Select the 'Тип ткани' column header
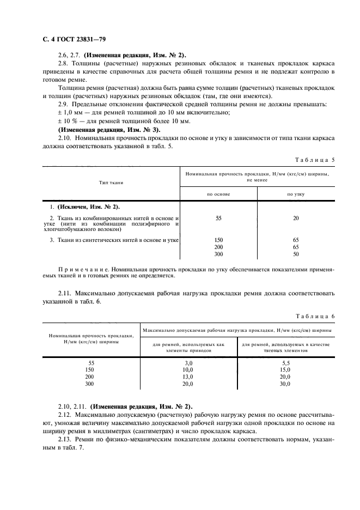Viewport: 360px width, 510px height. tap(111, 182)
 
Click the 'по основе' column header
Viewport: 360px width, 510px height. tap(218, 193)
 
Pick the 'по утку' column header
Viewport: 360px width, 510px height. tap(295, 193)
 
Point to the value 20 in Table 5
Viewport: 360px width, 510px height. tap(295, 218)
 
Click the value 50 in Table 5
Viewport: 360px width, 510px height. tap(295, 254)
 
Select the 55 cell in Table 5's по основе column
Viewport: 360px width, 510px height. tap(218, 218)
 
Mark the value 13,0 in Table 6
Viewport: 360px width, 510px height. tap(189, 377)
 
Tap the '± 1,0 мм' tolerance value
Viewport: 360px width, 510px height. tap(69, 112)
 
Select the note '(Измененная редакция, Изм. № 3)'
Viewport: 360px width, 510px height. tap(109, 130)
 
